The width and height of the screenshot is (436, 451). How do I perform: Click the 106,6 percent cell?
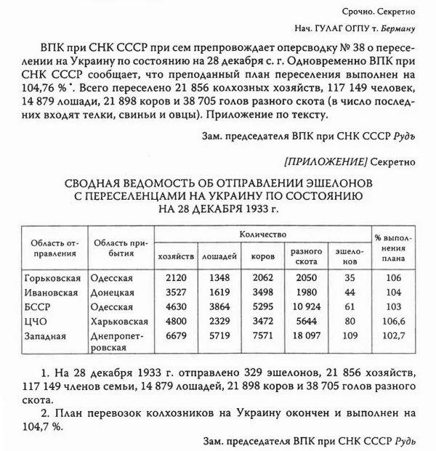click(393, 321)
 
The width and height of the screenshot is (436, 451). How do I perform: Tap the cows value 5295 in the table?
click(262, 306)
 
